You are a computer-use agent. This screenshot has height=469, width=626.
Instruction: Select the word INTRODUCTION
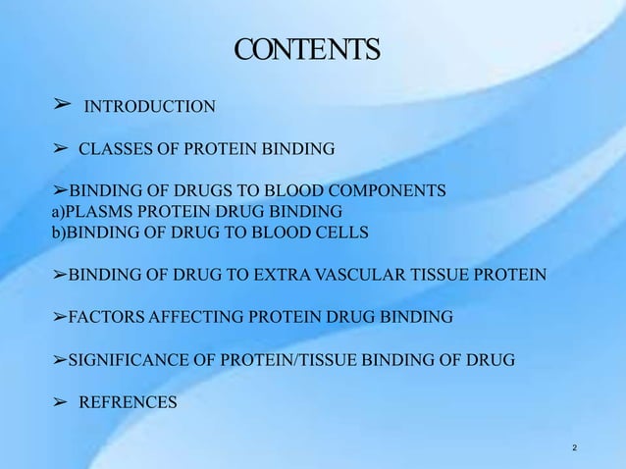coord(150,106)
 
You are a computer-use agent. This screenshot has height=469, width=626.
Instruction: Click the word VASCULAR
coord(352,275)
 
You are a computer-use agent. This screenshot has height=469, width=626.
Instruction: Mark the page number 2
coord(574,448)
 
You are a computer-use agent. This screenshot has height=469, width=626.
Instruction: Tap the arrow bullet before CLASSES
coord(59,149)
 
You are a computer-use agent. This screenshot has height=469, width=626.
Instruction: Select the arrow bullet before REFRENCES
coord(59,400)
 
